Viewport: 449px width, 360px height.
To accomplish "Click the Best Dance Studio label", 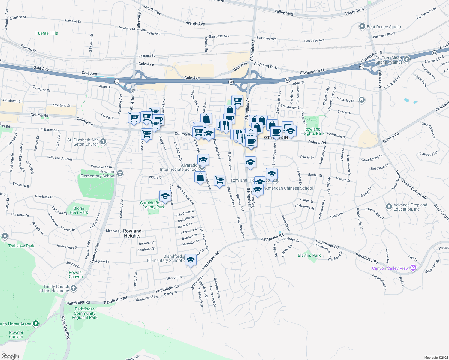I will (384, 27).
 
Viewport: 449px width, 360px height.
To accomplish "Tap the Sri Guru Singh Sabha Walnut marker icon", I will (407, 59).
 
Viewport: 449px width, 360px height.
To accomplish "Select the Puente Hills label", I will (47, 33).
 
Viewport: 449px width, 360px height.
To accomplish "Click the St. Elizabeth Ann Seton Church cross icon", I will (103, 142).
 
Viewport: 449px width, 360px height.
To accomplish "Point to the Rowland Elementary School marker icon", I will (120, 173).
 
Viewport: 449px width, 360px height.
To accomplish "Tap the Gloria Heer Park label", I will (79, 210).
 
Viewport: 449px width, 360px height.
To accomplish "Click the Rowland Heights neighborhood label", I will (132, 233).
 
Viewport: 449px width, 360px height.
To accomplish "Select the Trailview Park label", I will (21, 246).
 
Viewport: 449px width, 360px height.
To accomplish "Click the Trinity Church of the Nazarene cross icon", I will (74, 288).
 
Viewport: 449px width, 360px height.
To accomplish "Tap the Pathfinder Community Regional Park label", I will (84, 313).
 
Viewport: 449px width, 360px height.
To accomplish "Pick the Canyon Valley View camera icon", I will (413, 268).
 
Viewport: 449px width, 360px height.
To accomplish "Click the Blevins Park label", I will (309, 255).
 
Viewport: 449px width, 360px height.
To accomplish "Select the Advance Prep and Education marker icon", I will (389, 207).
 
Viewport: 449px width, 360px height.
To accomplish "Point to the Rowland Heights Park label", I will (312, 131).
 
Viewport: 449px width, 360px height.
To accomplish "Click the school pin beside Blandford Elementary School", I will (190, 260).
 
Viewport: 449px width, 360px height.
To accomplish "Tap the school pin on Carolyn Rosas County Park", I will (165, 196).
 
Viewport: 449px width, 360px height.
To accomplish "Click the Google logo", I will (10, 356).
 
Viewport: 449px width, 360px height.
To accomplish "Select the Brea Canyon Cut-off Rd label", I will (411, 185).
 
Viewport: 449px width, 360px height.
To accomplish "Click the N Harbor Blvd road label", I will (65, 328).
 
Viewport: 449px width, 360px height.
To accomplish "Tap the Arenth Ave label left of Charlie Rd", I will (195, 24).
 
